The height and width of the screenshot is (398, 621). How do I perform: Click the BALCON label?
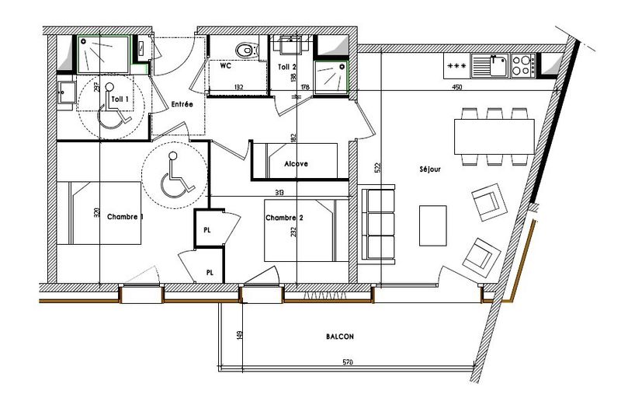[339, 337]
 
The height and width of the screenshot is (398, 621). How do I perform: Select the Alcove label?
[296, 164]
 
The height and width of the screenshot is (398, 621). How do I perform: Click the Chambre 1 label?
[125, 216]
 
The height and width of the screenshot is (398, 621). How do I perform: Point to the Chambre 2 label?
[283, 218]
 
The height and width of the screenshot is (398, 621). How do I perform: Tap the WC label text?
[226, 67]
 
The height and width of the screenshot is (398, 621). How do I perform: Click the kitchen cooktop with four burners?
[522, 61]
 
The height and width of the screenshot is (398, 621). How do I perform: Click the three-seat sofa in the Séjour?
[377, 223]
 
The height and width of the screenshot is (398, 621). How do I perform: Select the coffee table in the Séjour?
[433, 225]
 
